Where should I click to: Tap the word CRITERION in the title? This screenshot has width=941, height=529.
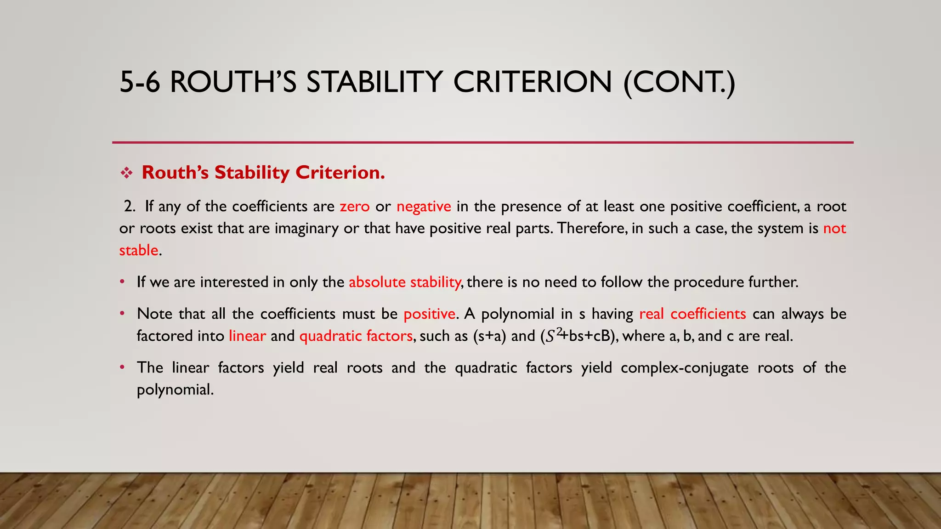point(533,82)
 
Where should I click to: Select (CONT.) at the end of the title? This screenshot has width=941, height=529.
point(679,82)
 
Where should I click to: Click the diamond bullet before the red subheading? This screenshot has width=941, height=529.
point(126,173)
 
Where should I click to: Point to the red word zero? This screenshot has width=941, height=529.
point(355,207)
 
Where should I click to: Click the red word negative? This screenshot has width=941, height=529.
point(424,207)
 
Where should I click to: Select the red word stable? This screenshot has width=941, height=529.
point(139,251)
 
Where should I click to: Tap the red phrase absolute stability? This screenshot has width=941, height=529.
point(404,282)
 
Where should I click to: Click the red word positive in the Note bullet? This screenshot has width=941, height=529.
point(429,314)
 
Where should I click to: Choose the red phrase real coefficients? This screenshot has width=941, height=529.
point(692,314)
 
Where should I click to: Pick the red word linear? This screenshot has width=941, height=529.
point(247,336)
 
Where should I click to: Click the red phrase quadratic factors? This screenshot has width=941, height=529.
point(356,336)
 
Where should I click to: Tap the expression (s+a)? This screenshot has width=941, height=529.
point(489,336)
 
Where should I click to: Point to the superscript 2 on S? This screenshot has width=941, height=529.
point(559,331)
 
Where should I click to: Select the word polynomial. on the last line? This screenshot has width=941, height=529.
point(175,390)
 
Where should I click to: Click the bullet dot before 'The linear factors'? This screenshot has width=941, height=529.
point(122,367)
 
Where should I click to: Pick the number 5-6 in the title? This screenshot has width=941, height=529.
point(140,82)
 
